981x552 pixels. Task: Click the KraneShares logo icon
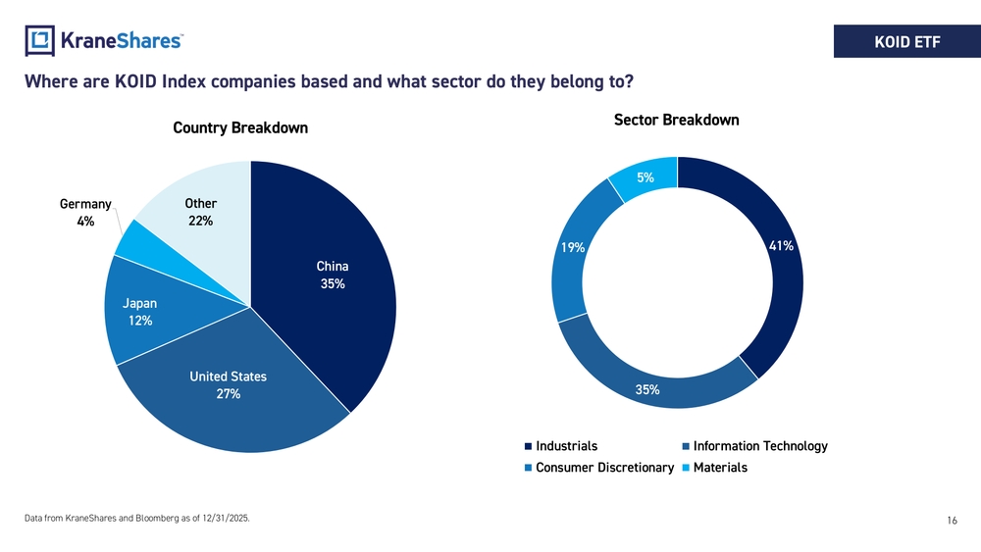(x=40, y=41)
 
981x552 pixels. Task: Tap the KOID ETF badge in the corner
(x=906, y=41)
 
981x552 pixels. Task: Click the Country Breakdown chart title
(x=240, y=128)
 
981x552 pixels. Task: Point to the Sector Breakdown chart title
(x=676, y=120)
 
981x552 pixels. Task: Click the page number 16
(x=952, y=523)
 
